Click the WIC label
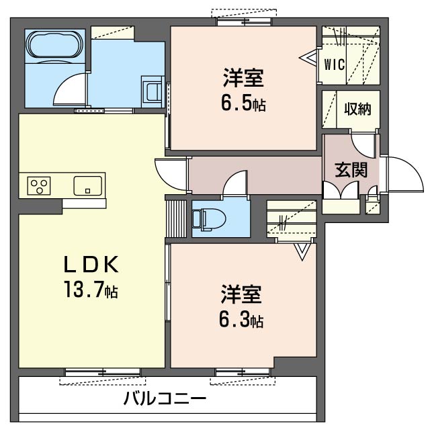point(335,65)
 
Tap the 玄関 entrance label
point(351,169)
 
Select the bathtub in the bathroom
point(54,48)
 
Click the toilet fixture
point(204,219)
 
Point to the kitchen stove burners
point(39,185)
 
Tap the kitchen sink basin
point(87,185)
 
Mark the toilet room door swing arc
point(235,184)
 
